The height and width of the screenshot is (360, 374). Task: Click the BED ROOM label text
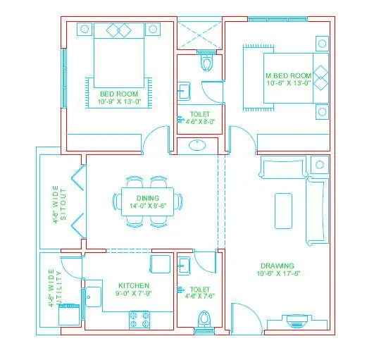pyautogui.click(x=118, y=93)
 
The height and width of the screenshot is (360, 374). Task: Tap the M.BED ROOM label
pyautogui.click(x=288, y=75)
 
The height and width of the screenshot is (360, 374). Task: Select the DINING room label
pyautogui.click(x=148, y=198)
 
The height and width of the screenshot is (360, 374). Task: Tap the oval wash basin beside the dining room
pyautogui.click(x=198, y=147)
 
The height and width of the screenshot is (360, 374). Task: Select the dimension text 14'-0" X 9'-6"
pyautogui.click(x=148, y=206)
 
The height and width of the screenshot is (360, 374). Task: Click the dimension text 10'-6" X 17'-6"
pyautogui.click(x=278, y=273)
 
